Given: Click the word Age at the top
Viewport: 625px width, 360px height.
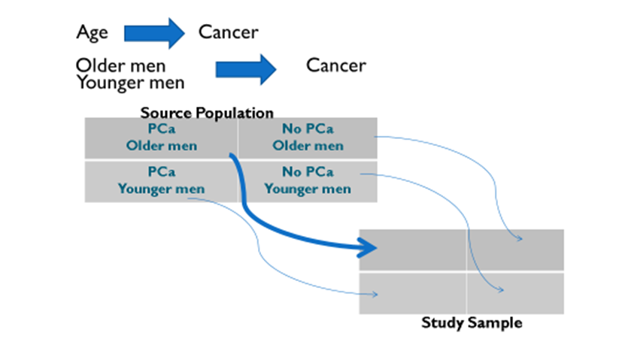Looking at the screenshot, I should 92,32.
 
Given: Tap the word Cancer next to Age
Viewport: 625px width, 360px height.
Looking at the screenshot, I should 228,32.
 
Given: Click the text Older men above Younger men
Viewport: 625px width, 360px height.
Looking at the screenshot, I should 120,65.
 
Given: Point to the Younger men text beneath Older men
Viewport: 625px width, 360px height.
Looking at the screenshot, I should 129,82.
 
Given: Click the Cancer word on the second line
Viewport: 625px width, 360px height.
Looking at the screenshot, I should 335,65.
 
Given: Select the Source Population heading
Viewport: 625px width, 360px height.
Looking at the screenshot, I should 207,113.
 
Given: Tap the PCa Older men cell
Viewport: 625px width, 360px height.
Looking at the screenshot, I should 161,138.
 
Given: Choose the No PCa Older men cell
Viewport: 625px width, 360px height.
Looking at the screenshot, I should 308,138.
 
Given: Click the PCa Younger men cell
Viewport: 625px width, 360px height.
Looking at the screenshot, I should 161,180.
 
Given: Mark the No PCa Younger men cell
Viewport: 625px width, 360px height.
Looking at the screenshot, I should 308,180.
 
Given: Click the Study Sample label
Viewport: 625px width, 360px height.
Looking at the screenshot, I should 472,323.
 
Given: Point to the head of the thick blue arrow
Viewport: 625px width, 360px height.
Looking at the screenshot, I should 368,247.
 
